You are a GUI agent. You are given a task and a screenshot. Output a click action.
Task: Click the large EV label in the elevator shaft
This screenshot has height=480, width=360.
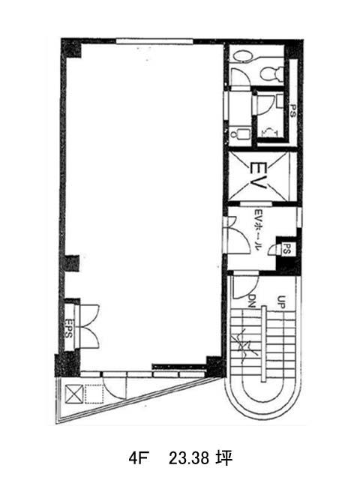pos(258,176)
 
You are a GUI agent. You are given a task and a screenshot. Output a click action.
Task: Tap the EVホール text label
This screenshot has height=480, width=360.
pos(258,230)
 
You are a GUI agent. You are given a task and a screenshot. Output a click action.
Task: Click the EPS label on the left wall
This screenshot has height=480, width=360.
pos(69,328)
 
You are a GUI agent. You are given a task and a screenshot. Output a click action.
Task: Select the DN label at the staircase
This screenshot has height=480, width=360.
pos(252,301)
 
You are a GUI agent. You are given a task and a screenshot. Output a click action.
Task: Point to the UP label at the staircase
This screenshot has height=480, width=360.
pos(281,302)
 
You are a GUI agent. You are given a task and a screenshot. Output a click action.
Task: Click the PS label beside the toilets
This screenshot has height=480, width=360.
pos(293,111)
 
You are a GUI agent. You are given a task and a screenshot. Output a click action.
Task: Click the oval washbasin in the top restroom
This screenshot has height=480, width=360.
pos(241,56)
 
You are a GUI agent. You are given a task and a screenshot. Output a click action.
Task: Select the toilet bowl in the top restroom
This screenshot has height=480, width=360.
pos(271,73)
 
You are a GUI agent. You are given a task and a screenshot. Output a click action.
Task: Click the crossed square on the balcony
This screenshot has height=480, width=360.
pos(74,394)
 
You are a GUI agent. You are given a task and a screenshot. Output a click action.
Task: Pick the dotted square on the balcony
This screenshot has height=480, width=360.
pos(94,394)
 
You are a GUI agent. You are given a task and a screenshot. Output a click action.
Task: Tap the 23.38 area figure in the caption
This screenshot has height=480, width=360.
pos(189,458)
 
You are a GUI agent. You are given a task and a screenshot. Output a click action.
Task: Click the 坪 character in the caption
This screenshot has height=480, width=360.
pos(225,458)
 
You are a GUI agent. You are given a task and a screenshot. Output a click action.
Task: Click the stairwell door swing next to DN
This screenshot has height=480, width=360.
pos(245,286)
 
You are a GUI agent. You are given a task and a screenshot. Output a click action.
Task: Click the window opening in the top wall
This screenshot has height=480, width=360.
pos(154,41)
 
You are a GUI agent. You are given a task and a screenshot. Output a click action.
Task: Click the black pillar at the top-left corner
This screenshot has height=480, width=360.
pos(72,48)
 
